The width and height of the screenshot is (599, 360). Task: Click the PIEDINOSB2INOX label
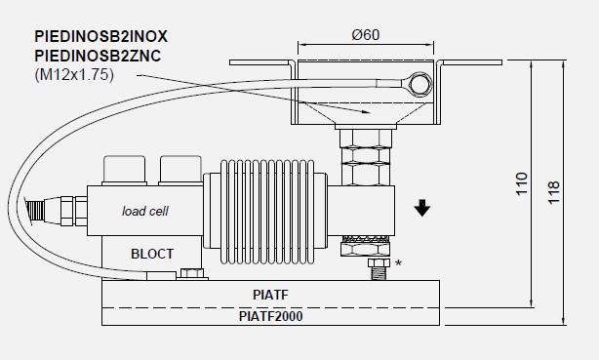click(100, 37)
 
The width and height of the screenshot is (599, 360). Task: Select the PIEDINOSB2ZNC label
click(98, 56)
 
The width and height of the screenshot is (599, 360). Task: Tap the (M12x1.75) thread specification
click(74, 74)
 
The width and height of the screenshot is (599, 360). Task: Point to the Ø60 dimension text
click(366, 35)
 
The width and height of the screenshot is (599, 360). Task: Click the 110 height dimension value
click(522, 184)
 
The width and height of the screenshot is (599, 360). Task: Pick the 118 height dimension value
click(554, 192)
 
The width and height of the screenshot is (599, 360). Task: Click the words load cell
click(144, 211)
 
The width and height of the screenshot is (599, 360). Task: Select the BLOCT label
click(152, 254)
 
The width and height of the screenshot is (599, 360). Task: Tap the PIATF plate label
click(270, 295)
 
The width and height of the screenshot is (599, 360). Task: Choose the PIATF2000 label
click(270, 316)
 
